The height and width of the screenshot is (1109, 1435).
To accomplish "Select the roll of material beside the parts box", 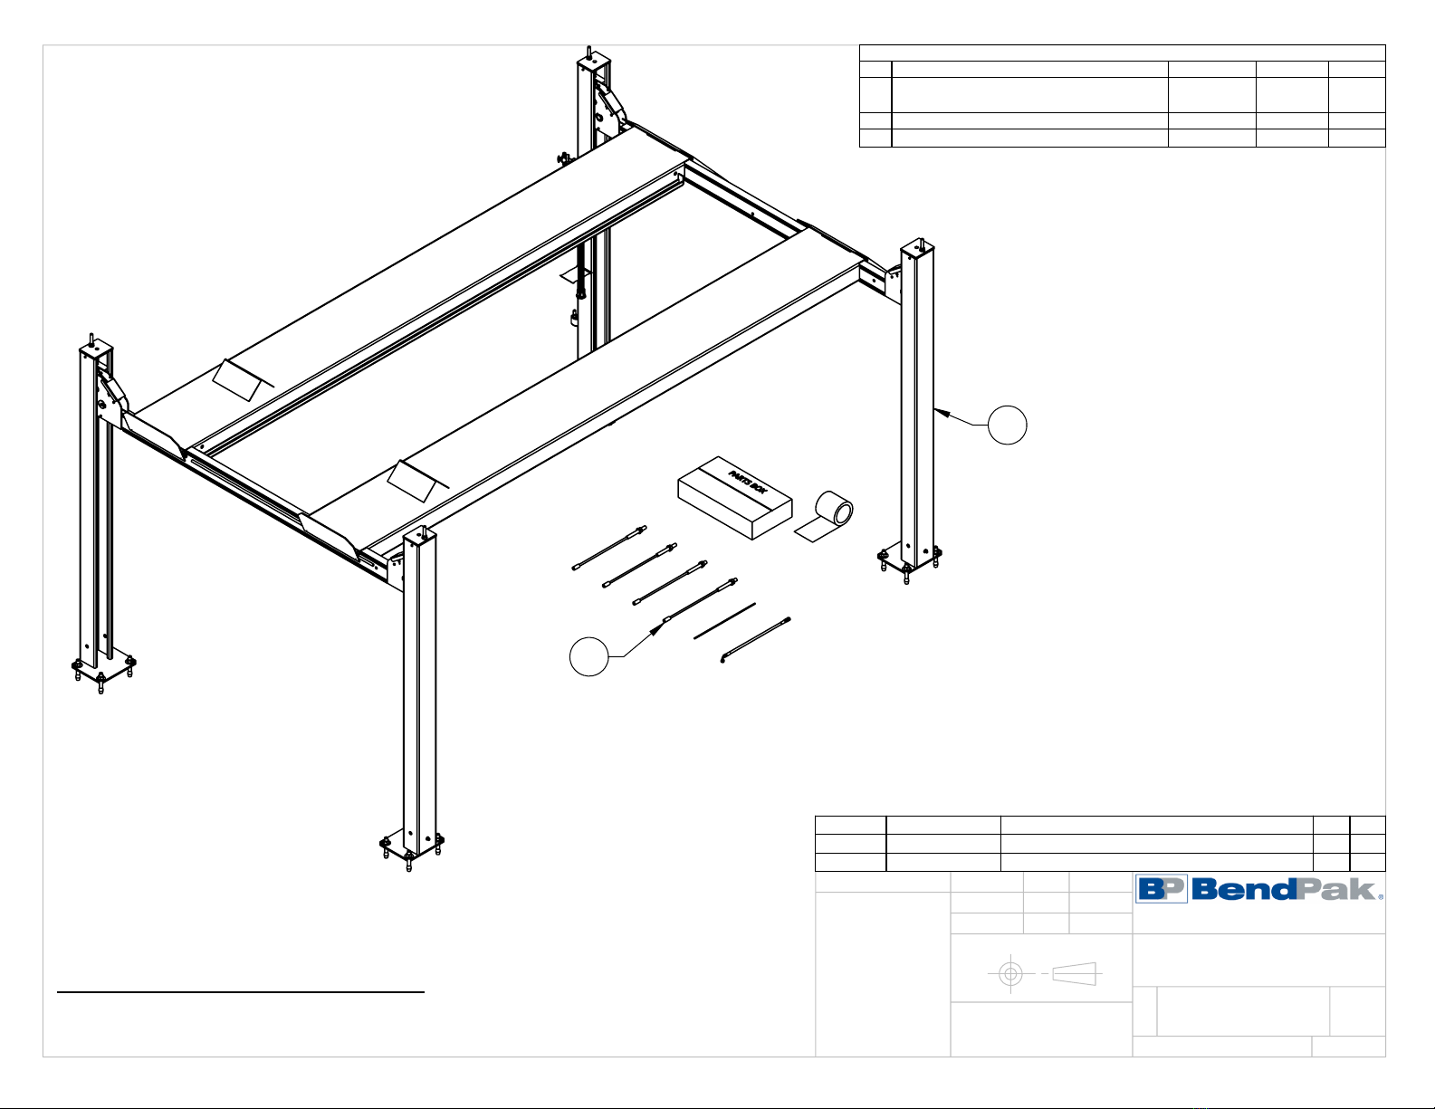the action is [834, 511].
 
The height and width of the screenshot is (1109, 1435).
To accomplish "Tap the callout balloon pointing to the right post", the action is [1007, 425].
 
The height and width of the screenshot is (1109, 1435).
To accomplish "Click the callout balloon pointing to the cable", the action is [588, 655].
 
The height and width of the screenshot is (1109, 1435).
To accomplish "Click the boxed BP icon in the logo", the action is [1162, 889].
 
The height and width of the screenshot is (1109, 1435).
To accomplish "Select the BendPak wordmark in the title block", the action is [1286, 889].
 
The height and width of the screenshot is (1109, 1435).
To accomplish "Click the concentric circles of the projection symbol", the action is [1010, 974].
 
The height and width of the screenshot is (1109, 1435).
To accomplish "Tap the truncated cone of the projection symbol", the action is [1075, 974].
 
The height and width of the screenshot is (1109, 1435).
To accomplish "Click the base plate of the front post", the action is [411, 846].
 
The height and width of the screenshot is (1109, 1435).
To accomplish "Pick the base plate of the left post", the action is [102, 668].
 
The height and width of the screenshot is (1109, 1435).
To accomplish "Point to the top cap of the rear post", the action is [592, 62].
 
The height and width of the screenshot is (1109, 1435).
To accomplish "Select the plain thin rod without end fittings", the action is [724, 621].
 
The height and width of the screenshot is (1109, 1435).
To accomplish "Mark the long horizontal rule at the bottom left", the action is [241, 993].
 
